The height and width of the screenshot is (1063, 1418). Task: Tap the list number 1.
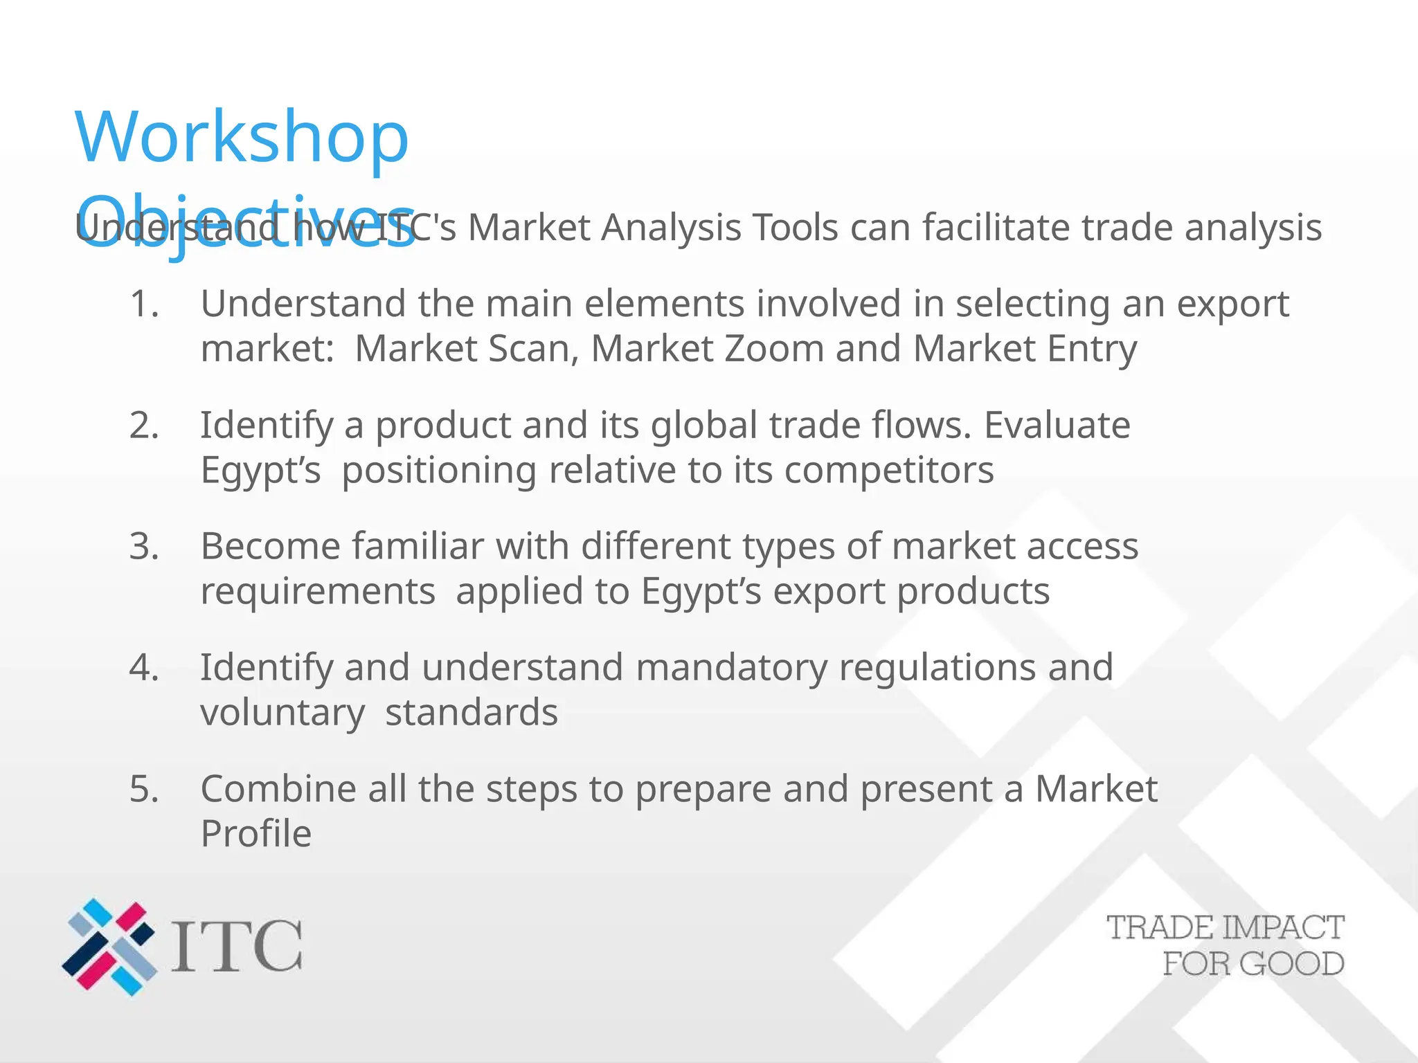coord(143,305)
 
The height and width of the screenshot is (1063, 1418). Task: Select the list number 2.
coord(143,426)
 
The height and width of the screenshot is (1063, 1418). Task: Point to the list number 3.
coord(143,547)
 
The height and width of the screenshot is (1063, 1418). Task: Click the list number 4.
coord(143,668)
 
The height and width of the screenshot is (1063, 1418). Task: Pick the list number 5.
coord(143,789)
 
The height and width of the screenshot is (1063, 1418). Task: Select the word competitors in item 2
coord(889,471)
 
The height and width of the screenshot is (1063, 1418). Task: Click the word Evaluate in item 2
coord(1057,426)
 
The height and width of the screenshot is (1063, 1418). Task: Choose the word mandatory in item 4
coord(731,668)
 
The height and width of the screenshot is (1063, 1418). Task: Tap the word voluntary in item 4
coord(282,714)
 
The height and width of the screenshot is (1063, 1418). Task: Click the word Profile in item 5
coord(255,834)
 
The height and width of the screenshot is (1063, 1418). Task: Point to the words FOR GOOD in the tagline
coord(1253,964)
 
